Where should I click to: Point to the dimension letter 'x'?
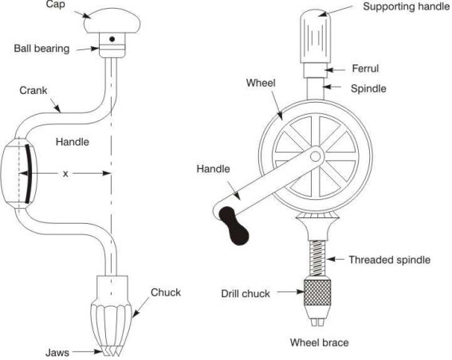tap(65, 173)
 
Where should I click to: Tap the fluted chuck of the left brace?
tap(112, 315)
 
